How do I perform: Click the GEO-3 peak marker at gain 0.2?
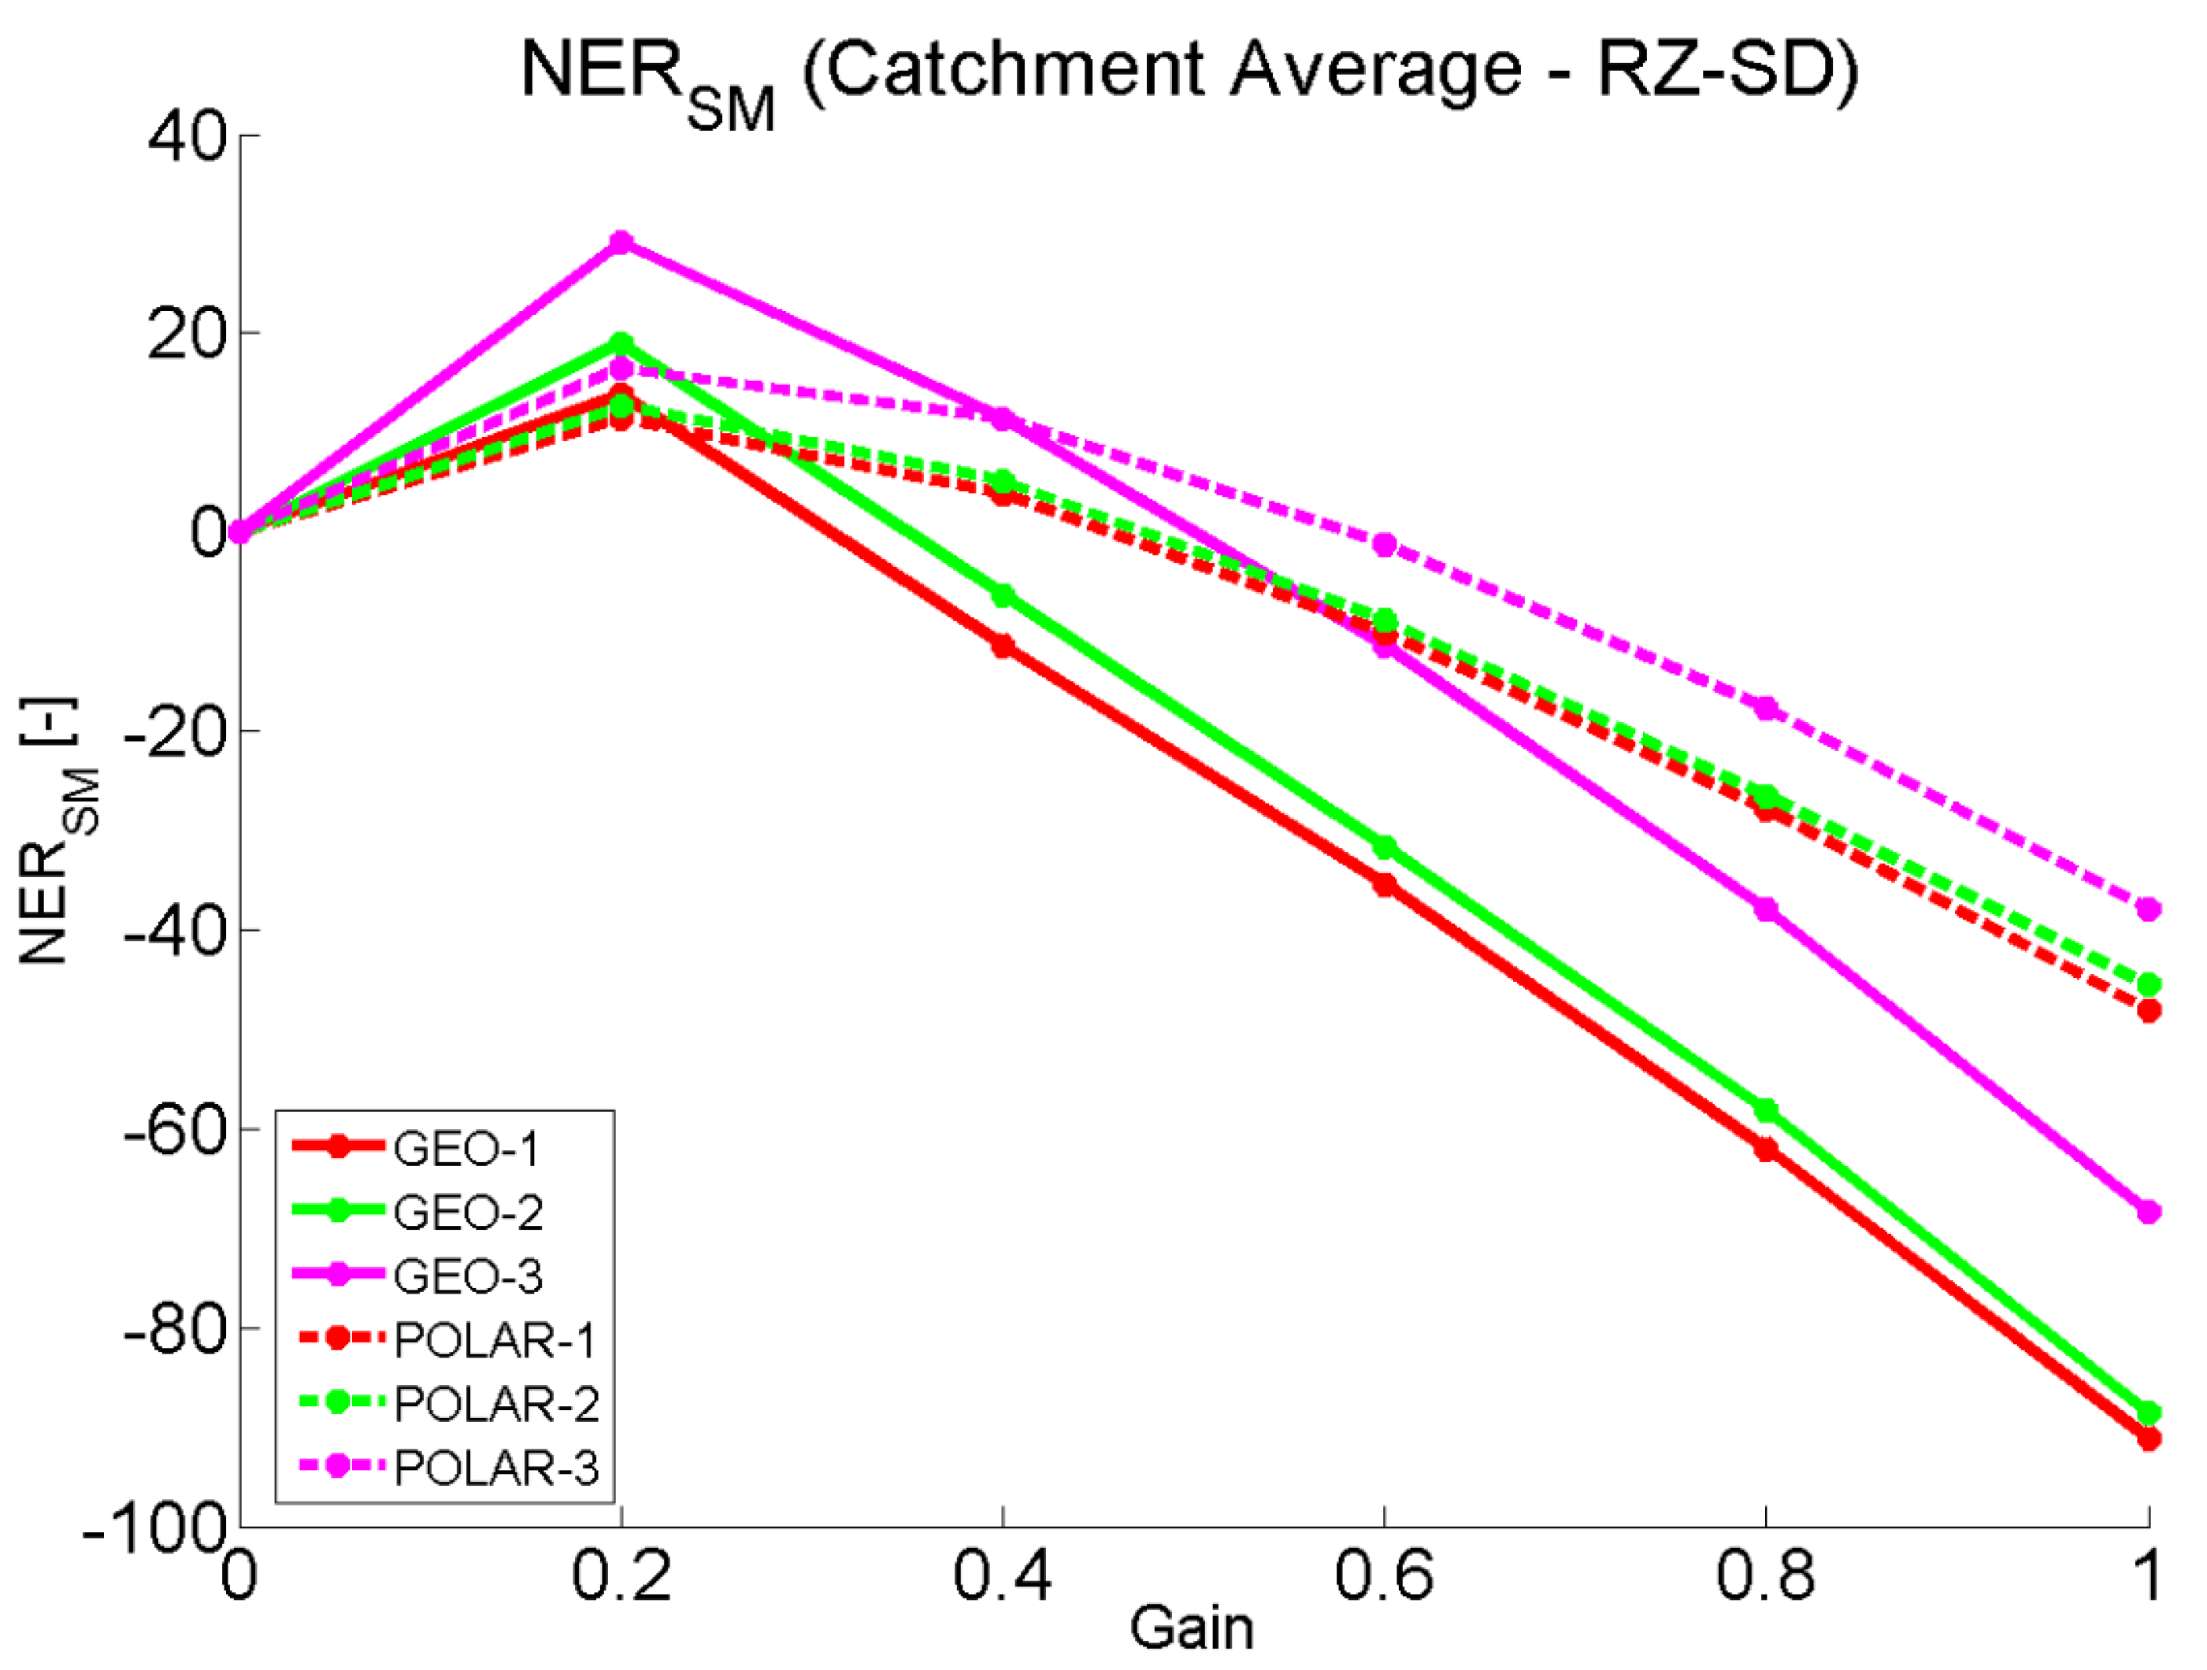pos(621,243)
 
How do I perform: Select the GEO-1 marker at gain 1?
pos(2148,1439)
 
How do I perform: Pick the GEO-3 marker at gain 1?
pos(2148,1212)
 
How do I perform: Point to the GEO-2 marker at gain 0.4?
pos(1003,595)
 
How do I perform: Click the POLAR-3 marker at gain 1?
pos(2148,909)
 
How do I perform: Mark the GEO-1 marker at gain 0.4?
pos(1003,646)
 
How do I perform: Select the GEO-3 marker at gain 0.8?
pos(1766,909)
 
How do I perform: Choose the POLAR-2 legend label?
pos(496,1404)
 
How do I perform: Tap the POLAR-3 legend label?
pos(496,1468)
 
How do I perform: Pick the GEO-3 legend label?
pos(468,1276)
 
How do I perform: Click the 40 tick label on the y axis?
pos(187,137)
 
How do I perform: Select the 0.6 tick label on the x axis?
pos(1384,1576)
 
